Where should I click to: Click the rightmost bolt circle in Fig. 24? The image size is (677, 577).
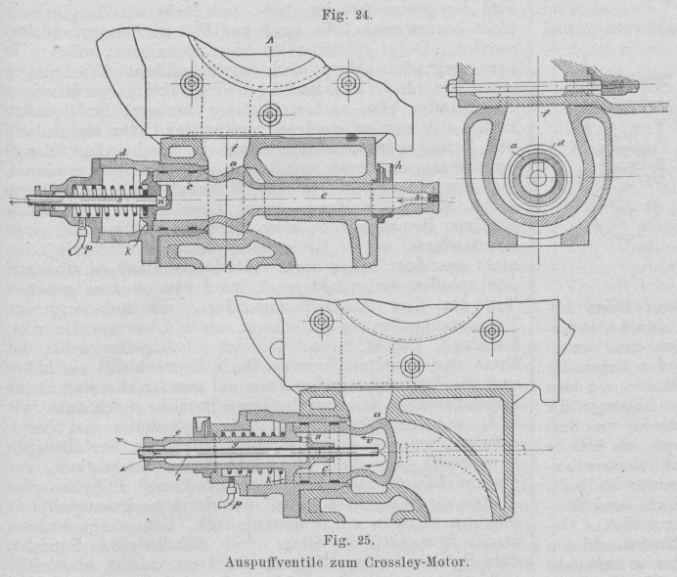[x=347, y=84]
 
